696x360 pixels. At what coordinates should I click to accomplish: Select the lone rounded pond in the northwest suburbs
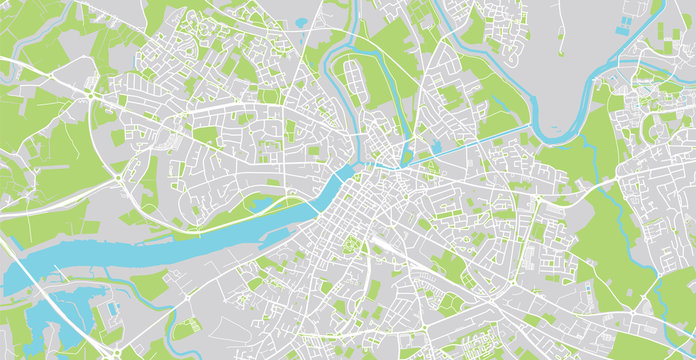coord(301,21)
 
